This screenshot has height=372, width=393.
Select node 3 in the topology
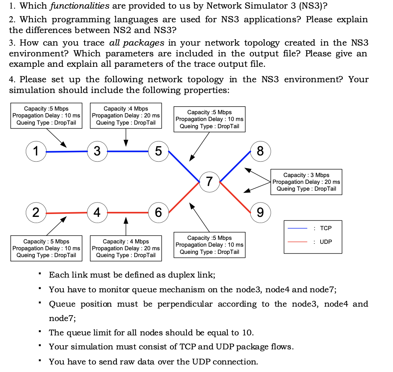tap(97, 151)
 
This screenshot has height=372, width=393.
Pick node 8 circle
tap(261, 151)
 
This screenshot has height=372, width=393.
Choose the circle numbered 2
tap(35, 213)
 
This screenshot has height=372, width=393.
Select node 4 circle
tap(97, 213)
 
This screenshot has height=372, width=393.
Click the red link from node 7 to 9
tap(236, 197)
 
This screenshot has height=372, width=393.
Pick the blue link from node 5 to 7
tap(184, 166)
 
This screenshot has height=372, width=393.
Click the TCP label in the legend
tap(326, 228)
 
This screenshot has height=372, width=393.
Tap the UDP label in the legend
tap(326, 242)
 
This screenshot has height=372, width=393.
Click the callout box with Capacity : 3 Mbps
tap(306, 182)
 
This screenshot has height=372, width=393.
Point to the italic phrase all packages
tap(137, 43)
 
